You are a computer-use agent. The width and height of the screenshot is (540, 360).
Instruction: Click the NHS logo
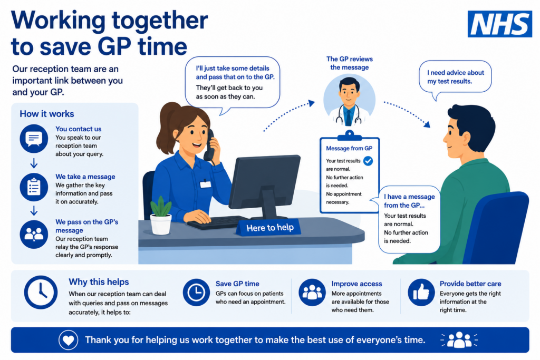pyautogui.click(x=499, y=24)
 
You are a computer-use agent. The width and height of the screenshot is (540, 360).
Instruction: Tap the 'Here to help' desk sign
pyautogui.click(x=269, y=228)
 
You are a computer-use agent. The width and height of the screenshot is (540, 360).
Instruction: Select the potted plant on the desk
pyautogui.click(x=161, y=216)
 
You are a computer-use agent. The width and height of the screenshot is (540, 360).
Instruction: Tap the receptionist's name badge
pyautogui.click(x=205, y=184)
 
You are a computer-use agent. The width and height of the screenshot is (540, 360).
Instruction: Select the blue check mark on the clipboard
pyautogui.click(x=368, y=161)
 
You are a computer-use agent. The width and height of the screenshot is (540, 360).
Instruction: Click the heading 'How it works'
pyautogui.click(x=47, y=114)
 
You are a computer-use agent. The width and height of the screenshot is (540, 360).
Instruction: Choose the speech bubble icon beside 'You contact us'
pyautogui.click(x=34, y=139)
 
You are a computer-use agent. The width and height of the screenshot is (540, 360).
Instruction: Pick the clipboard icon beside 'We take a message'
pyautogui.click(x=34, y=187)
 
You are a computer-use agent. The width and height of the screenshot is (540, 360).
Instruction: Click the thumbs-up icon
pyautogui.click(x=421, y=293)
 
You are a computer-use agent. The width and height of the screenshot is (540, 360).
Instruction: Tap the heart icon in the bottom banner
pyautogui.click(x=68, y=340)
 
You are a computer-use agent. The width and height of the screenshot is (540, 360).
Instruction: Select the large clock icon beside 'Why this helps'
pyautogui.click(x=41, y=292)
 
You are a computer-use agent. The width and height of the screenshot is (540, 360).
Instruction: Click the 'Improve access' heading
pyautogui.click(x=357, y=284)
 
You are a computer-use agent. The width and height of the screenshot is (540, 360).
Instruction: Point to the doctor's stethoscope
pyautogui.click(x=349, y=113)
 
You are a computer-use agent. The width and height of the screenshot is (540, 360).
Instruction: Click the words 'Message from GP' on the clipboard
pyautogui.click(x=349, y=148)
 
